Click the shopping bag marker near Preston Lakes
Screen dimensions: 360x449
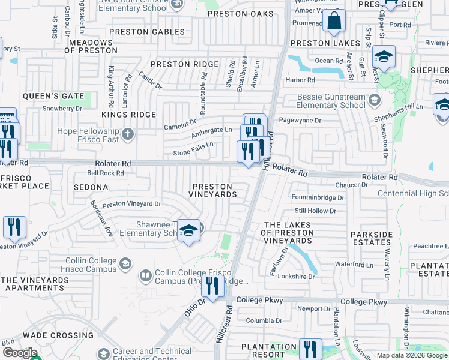334,21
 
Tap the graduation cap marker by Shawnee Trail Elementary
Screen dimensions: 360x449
188,232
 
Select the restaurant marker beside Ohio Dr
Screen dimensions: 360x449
211,287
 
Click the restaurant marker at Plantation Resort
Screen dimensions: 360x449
309,350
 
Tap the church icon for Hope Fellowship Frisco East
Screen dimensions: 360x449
127,134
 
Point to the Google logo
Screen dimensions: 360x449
20,353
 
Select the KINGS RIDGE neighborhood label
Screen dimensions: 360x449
128,115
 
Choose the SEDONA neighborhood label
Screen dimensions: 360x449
91,187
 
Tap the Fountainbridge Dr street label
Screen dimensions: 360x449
317,197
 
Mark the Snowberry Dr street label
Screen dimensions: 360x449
62,109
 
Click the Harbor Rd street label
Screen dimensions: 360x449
301,80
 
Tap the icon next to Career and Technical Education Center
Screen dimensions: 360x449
103,354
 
